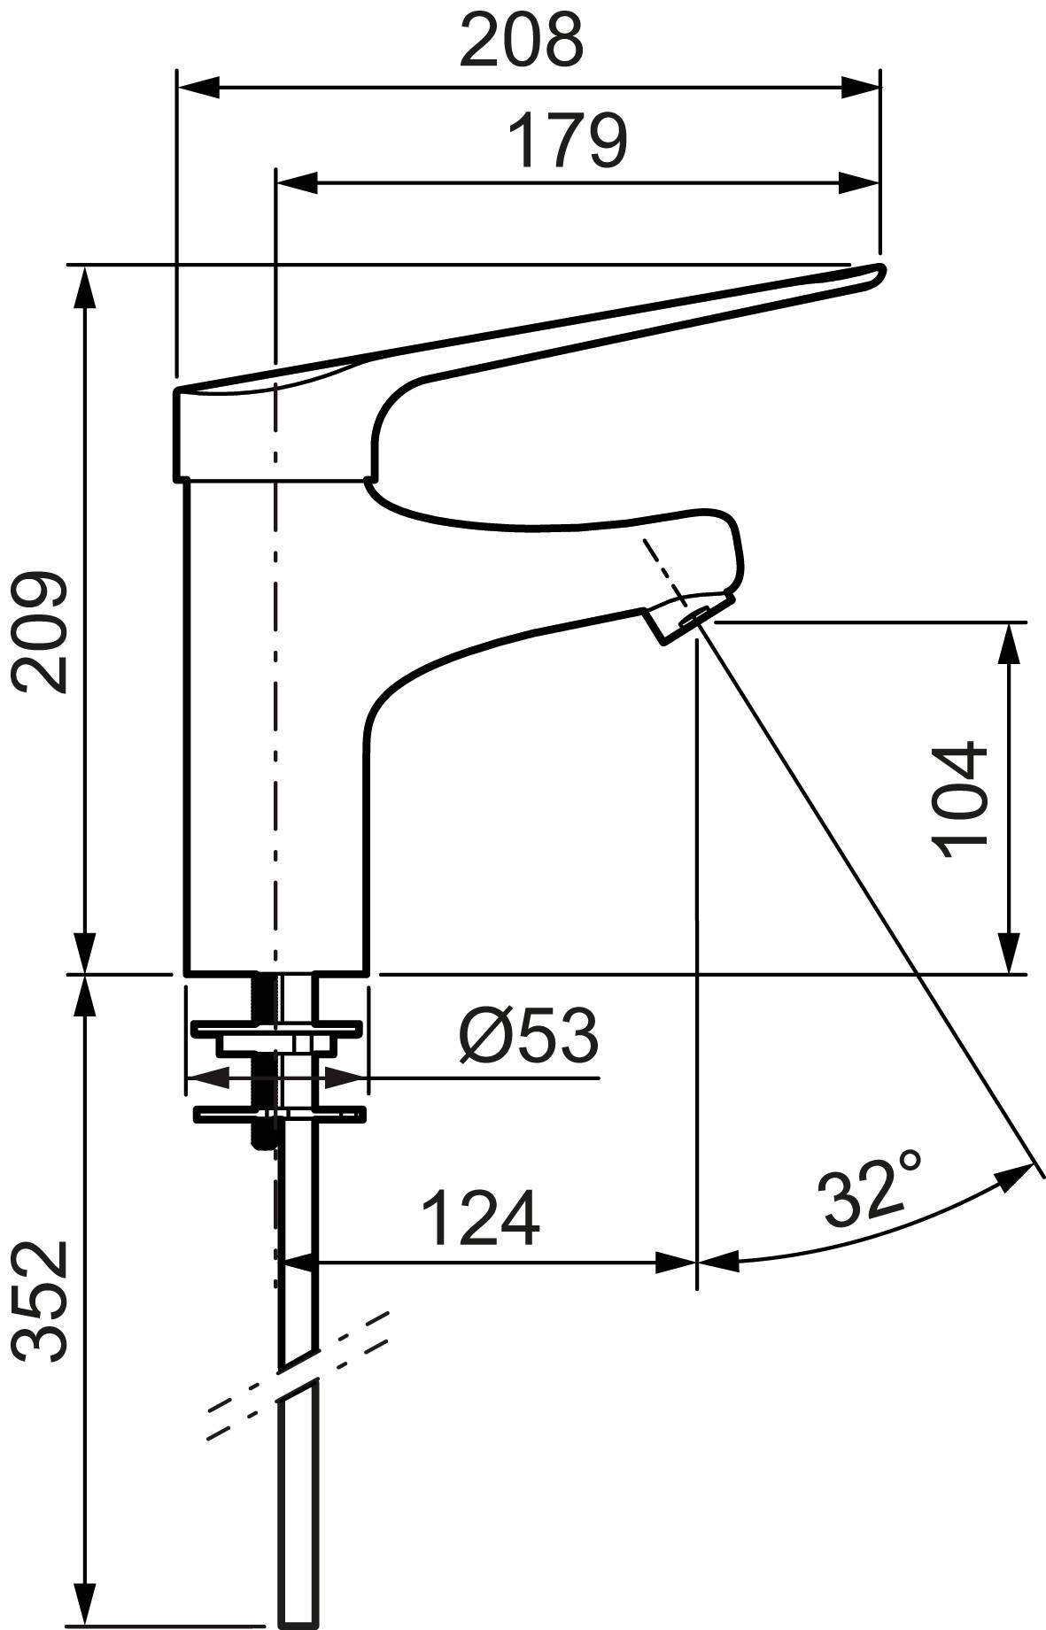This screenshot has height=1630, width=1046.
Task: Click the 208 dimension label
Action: click(522, 39)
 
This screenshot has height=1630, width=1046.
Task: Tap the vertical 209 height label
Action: click(39, 632)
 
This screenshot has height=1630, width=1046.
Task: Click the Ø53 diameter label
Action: click(529, 1035)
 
